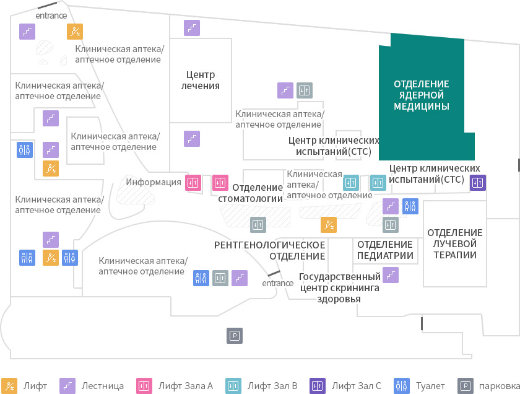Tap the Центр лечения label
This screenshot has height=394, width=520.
201,80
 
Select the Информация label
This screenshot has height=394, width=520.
154,182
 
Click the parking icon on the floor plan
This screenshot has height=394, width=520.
235,336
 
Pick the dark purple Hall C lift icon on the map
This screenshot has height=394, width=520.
478,183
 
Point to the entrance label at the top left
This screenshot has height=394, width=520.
51,15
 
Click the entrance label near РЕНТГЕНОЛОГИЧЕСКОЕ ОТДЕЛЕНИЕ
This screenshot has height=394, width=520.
277,283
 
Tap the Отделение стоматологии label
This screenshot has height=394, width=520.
250,193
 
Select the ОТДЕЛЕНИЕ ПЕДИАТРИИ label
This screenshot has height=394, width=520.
385,250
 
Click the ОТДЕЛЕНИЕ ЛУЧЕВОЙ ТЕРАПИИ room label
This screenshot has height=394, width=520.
454,243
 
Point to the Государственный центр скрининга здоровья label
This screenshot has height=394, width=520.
340,287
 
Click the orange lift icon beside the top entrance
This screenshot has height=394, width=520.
75,32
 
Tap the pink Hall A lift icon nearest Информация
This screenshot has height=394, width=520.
193,183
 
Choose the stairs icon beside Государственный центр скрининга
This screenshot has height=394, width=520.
391,275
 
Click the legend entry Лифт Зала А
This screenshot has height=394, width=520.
175,386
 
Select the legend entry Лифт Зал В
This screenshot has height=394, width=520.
261,386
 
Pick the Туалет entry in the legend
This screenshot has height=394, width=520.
419,386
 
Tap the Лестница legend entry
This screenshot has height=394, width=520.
92,386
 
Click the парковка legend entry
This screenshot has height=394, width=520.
488,386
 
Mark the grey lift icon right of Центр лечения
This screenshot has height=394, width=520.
305,90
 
